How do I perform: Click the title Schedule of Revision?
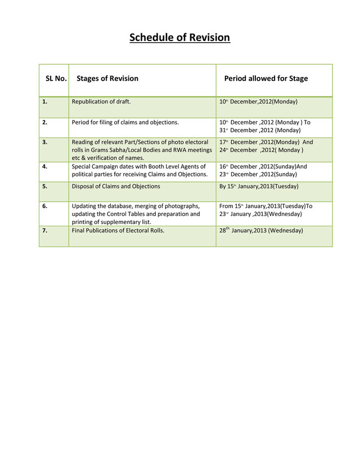(179, 38)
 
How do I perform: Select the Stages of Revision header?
(107, 79)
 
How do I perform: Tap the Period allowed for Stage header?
(266, 79)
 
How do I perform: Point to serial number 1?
(44, 102)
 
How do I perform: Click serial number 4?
(44, 167)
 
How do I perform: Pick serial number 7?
(44, 230)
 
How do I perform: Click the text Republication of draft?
(101, 102)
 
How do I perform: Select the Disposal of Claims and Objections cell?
(116, 186)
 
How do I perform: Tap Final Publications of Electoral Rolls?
(119, 230)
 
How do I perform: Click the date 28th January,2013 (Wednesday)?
(261, 230)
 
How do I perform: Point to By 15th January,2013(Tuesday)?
(259, 186)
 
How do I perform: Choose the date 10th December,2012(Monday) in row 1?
(258, 102)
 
